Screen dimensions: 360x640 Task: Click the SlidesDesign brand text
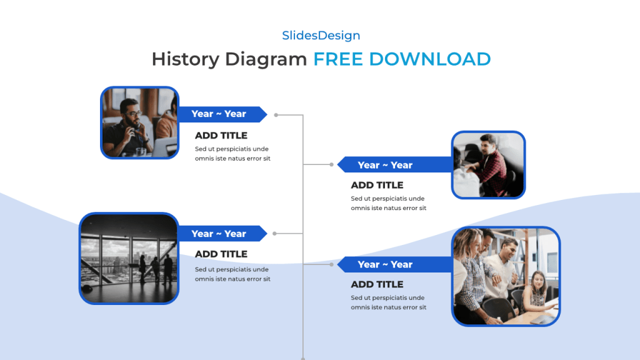pos(321,36)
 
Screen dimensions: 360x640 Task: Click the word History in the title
pos(186,59)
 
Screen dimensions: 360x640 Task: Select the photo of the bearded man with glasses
pos(139,122)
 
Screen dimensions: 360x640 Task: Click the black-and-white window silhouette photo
pos(129,258)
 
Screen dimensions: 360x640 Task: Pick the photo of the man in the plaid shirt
pos(488,165)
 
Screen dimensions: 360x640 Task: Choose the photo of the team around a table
pos(506,276)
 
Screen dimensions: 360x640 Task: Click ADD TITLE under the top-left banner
pos(221,136)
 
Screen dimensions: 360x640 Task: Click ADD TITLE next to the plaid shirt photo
pos(377,185)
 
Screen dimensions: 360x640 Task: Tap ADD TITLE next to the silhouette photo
pos(221,254)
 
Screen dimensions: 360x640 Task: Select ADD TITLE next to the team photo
pos(377,284)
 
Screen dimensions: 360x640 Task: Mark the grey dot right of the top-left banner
pos(276,115)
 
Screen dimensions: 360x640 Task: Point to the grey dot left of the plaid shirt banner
pos(331,165)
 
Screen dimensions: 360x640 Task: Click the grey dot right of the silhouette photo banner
pos(276,234)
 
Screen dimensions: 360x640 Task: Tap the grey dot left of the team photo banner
pos(331,264)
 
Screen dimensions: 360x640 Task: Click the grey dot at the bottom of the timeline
pos(303,358)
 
